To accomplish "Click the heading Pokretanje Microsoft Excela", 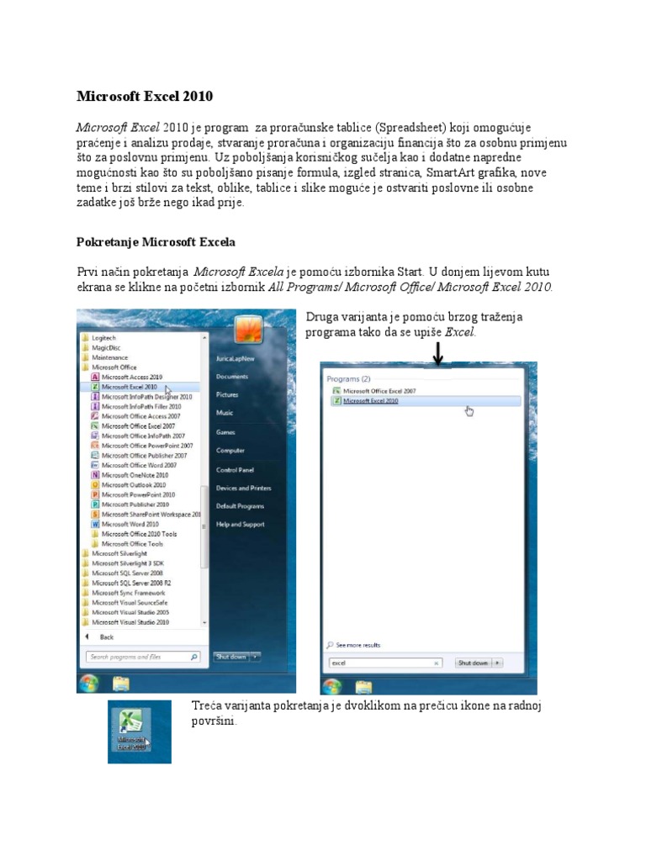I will coord(156,242).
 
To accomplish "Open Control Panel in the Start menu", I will coord(235,470).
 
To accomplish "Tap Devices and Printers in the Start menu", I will coord(243,489).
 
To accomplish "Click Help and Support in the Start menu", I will coord(240,524).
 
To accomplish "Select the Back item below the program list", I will coord(106,637).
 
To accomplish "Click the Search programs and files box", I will coord(139,657).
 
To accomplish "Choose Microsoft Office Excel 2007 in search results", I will coord(379,391).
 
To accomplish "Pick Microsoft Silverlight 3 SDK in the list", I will coord(129,563).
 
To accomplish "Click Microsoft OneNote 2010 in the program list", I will coord(135,475).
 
